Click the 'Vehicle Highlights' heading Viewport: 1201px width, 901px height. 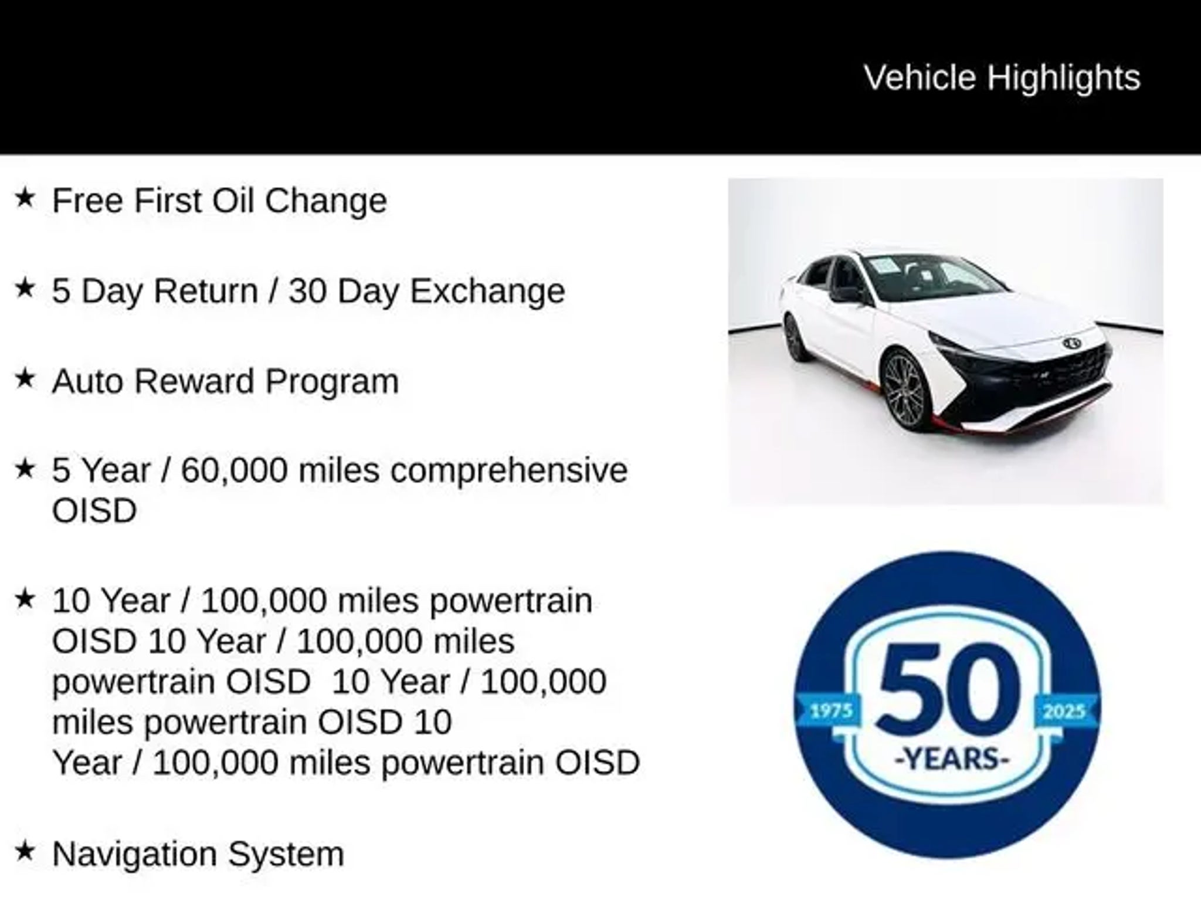click(1002, 78)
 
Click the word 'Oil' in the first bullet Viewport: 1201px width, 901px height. click(233, 201)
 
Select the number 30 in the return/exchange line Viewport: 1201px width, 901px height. click(307, 291)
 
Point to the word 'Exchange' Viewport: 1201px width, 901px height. click(487, 291)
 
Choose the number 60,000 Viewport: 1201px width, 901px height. click(234, 470)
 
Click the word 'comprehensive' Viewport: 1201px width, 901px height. click(509, 471)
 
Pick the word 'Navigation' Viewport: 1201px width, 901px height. click(135, 854)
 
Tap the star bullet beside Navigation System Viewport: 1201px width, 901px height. click(25, 851)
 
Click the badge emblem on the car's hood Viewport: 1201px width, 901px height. click(1073, 343)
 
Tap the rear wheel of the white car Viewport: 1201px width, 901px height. click(796, 338)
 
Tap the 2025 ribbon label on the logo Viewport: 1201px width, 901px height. click(1064, 712)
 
